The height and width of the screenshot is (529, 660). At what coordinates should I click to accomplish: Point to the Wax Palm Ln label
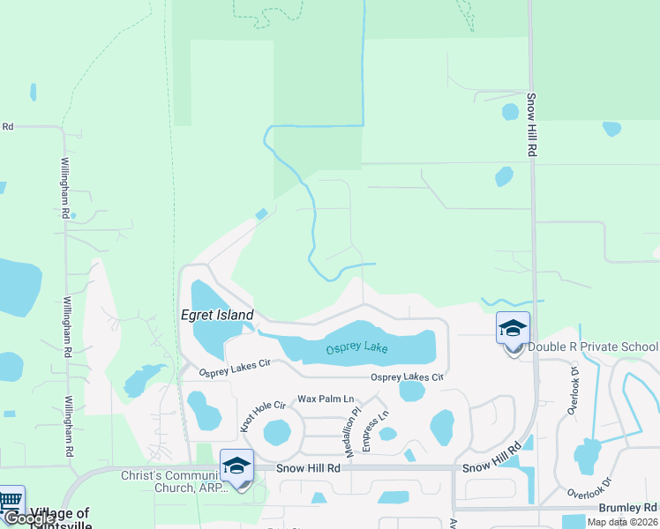coord(325,399)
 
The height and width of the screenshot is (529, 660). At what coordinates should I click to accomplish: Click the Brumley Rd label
coord(627,508)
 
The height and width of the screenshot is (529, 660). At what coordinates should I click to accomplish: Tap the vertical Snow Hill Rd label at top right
coord(532,125)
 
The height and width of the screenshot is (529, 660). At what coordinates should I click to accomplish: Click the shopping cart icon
coord(10,500)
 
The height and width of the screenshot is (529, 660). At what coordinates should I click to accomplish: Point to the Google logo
coord(30,519)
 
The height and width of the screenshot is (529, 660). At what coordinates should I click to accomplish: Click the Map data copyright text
coord(622,522)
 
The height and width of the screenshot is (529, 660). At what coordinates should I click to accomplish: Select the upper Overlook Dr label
coord(574,381)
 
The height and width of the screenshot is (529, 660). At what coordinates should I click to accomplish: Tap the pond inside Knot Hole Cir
coord(277,432)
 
